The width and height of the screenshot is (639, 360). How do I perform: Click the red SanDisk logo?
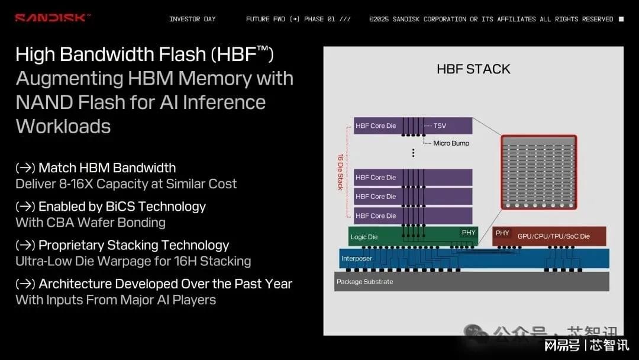pos(52,18)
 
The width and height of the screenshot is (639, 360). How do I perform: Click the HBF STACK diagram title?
pos(473,69)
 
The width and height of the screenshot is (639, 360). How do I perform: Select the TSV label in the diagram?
pos(439,126)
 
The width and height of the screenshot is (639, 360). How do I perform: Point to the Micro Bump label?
pos(451,143)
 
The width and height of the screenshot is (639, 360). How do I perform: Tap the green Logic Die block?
pos(413,236)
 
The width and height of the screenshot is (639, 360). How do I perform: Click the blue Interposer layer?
pos(474,259)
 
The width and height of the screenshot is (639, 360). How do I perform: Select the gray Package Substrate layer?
pos(472,281)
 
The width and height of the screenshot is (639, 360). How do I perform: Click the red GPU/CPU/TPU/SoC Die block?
pos(549,236)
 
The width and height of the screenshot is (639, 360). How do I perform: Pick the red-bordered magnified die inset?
pos(539,172)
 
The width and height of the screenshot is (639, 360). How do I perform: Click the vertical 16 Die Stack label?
pos(340,172)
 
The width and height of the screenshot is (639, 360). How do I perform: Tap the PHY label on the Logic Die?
pos(468,232)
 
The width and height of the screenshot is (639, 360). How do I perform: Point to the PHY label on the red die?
pos(502,233)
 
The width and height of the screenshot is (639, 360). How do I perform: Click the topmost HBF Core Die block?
pos(413,126)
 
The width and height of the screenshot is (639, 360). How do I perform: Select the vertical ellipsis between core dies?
pos(413,153)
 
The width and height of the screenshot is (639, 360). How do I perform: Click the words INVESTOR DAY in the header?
pos(192,19)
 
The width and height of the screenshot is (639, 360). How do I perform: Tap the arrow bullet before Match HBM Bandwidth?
pos(25,168)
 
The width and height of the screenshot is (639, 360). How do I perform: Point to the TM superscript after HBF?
pos(263,49)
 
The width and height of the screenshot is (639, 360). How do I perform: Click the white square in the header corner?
pos(621,19)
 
